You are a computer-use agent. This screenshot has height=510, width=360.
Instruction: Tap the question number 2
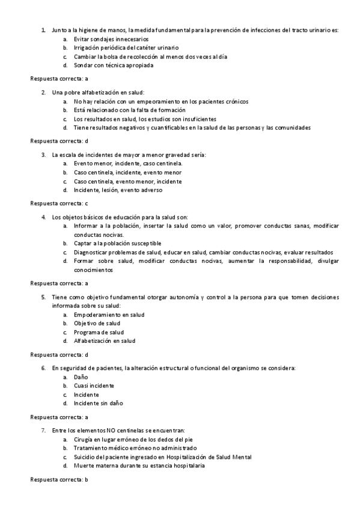coord(43,93)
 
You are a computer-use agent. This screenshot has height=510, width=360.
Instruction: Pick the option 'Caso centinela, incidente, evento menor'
coord(123,172)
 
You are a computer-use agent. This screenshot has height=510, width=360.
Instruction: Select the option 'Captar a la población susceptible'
coord(117,243)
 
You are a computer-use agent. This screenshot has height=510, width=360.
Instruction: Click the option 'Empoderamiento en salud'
coord(109,315)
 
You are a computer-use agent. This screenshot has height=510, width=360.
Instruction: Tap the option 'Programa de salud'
coord(99,332)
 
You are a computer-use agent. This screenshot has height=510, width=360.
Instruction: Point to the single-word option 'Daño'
coord(81,376)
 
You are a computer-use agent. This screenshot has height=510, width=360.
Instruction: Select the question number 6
coord(43,367)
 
